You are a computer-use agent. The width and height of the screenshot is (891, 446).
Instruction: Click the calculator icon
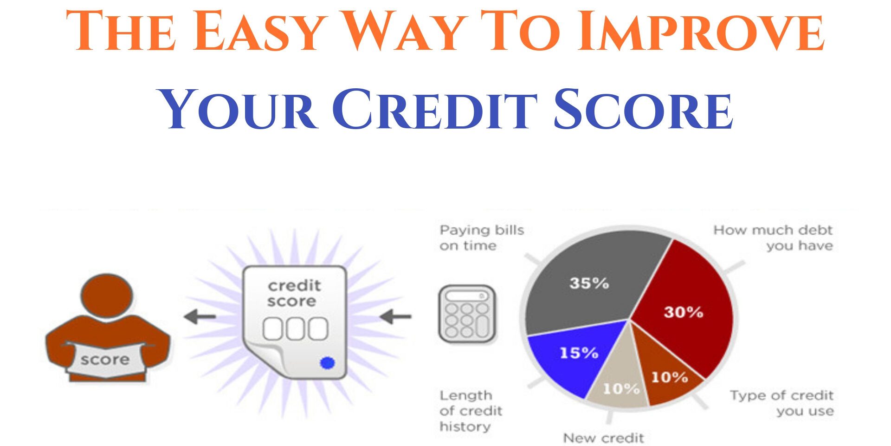point(467,314)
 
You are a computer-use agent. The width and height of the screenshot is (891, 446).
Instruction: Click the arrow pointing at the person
point(200,317)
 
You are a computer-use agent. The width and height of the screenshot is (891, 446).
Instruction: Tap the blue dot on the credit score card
point(328,363)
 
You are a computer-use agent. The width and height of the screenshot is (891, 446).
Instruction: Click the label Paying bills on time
point(481,237)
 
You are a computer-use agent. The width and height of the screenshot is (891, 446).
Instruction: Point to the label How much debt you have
point(773,237)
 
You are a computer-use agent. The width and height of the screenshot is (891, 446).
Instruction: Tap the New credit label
point(603,438)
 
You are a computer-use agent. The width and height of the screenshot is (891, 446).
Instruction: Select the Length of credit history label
point(470,411)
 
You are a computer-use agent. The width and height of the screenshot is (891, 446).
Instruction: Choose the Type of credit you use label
point(782,403)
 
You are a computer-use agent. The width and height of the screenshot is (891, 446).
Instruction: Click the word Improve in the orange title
point(701,32)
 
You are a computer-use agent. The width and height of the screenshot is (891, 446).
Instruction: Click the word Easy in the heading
point(258,32)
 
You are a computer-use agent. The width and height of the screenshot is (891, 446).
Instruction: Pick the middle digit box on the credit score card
point(295,328)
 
